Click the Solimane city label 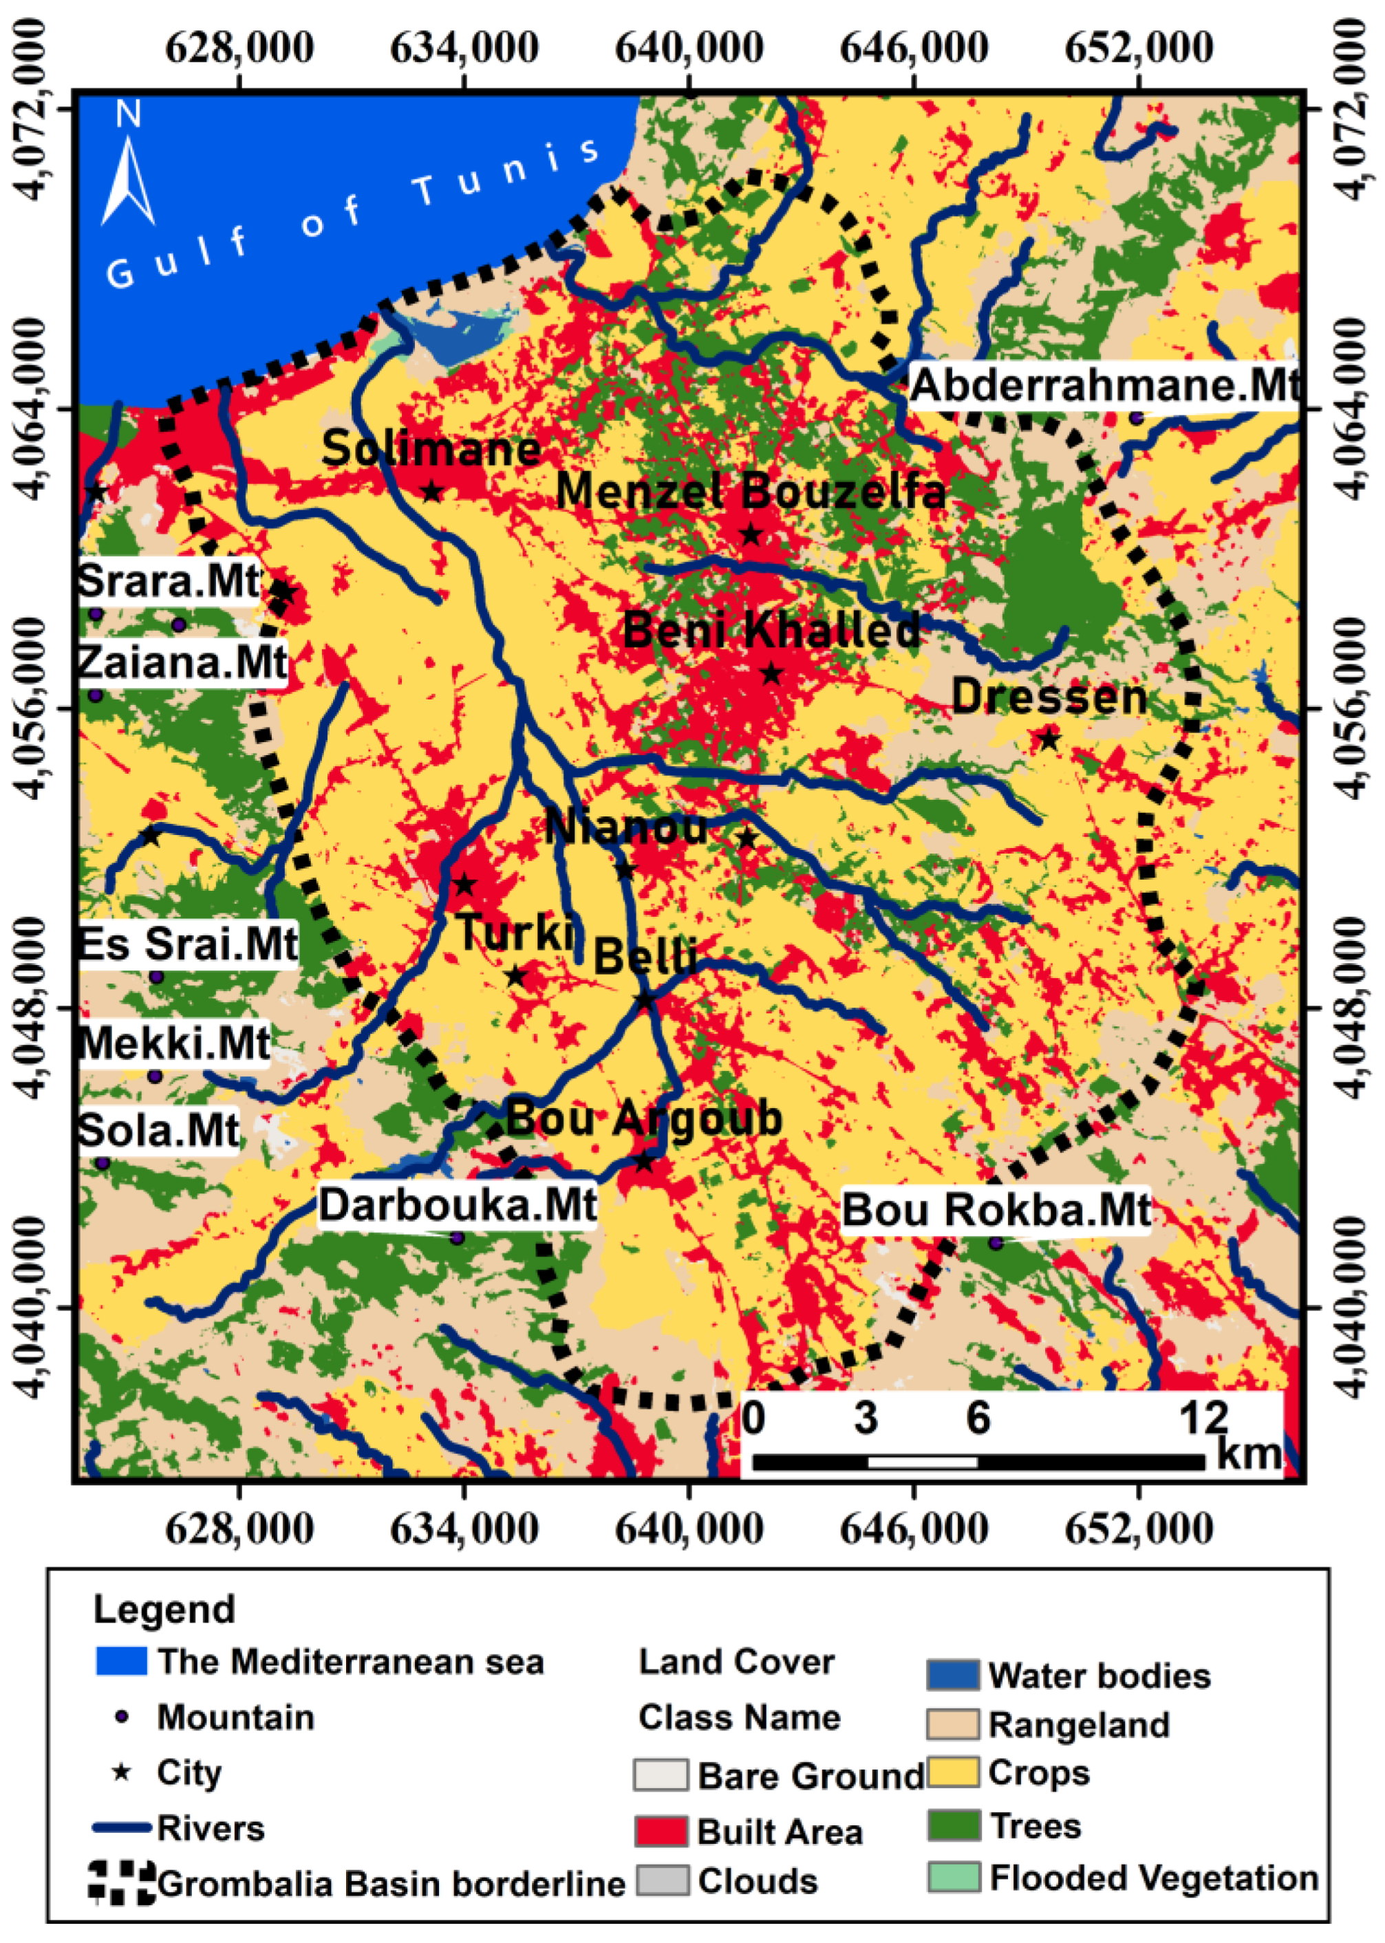[431, 448]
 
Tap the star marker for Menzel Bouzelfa [751, 535]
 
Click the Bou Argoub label [644, 1118]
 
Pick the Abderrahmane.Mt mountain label [1105, 385]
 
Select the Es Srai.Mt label [188, 944]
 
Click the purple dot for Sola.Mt [103, 1163]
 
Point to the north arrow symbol [128, 171]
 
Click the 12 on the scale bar [1203, 1418]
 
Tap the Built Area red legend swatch [661, 1832]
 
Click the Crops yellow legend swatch [954, 1773]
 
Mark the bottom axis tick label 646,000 [914, 1529]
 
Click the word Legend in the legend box [164, 1609]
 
